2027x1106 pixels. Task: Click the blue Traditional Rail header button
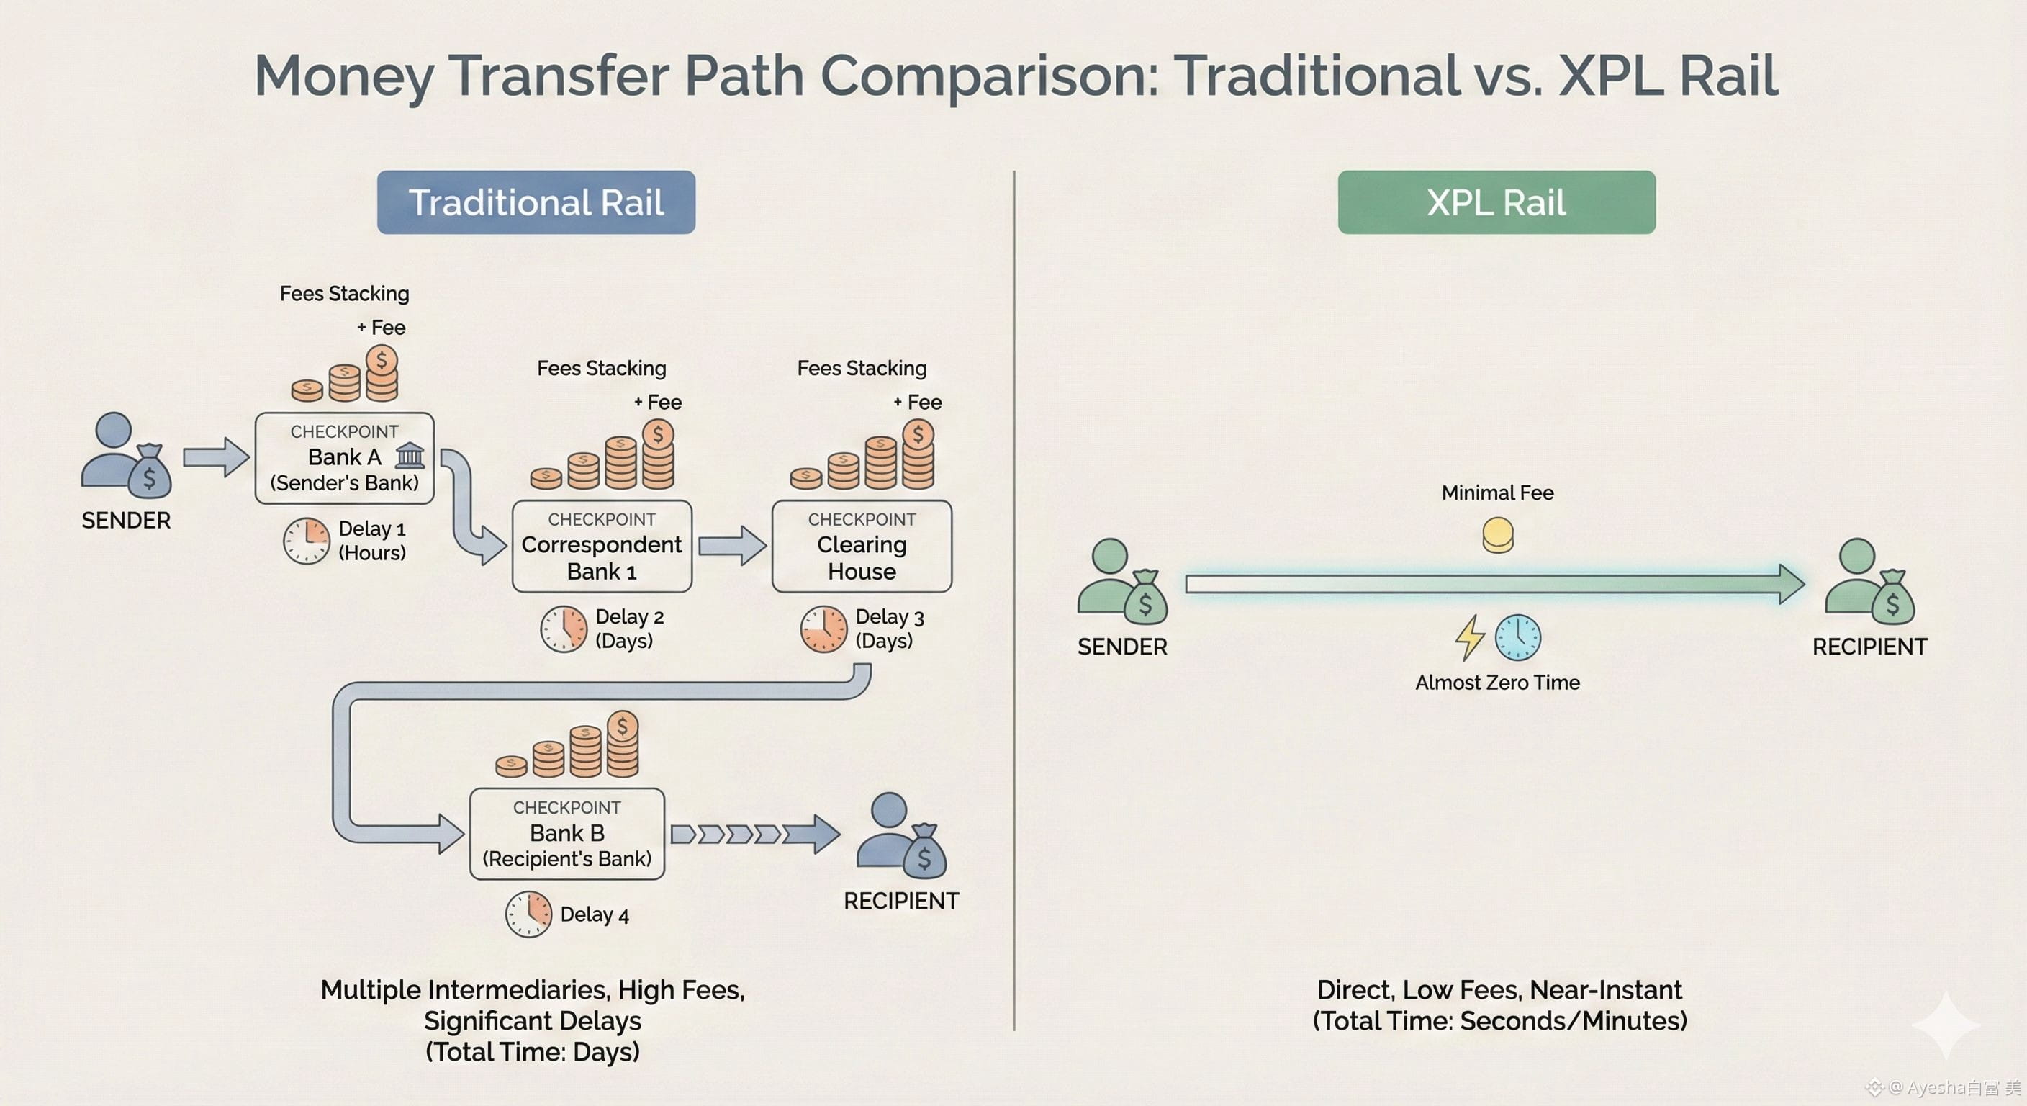[536, 202]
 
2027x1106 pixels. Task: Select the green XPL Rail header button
[1496, 202]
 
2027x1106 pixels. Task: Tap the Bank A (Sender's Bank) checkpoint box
[345, 458]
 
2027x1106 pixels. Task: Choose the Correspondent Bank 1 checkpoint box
[602, 547]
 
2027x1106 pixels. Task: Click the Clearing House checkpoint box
[862, 547]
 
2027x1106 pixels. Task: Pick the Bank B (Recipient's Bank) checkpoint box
[566, 834]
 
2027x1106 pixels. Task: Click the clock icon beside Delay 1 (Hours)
[306, 541]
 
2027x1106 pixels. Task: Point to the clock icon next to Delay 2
[564, 629]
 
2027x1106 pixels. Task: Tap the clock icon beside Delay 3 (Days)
[823, 629]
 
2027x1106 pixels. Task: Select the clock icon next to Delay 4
[528, 914]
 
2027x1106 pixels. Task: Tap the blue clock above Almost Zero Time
[1517, 637]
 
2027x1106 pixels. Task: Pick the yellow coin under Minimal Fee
[1497, 535]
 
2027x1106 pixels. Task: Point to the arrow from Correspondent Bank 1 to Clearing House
[732, 546]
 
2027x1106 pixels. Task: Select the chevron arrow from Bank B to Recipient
[754, 834]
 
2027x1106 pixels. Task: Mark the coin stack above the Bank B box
[568, 746]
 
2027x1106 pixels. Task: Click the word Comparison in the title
[989, 76]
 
